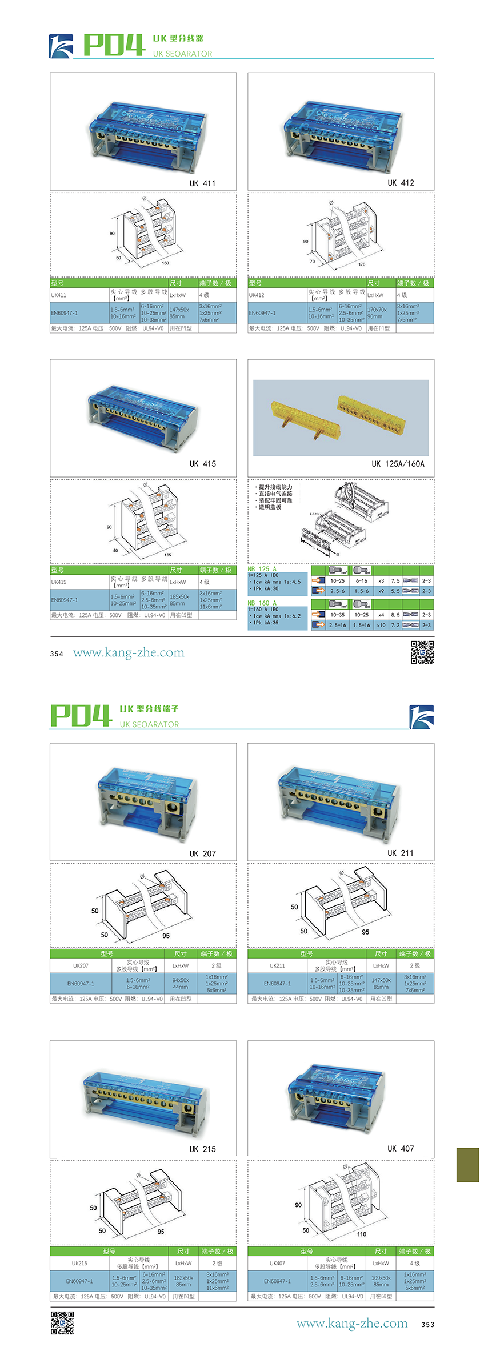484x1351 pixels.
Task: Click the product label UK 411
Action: click(202, 183)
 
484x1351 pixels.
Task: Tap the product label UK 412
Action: click(401, 183)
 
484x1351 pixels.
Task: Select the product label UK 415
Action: click(203, 464)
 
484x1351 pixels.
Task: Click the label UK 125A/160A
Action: click(398, 464)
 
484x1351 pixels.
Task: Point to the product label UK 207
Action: click(203, 853)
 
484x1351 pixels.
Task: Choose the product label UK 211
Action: click(401, 853)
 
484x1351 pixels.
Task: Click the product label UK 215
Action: click(203, 1149)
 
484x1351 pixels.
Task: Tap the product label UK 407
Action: click(401, 1149)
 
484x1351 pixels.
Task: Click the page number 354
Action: click(57, 654)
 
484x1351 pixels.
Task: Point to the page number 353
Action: click(427, 1325)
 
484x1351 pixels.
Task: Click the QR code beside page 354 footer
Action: click(422, 652)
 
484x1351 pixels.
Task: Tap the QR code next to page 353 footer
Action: click(62, 1323)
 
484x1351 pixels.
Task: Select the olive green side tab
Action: click(467, 1165)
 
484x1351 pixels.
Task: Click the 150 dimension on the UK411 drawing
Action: click(165, 263)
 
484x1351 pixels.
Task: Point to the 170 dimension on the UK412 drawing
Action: click(362, 264)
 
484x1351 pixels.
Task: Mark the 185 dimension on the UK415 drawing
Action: click(167, 555)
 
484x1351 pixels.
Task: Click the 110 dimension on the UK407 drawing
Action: click(362, 1234)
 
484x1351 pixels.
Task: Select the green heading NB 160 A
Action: click(262, 603)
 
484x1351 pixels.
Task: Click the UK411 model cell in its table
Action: click(59, 295)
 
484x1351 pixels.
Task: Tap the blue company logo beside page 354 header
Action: click(61, 46)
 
